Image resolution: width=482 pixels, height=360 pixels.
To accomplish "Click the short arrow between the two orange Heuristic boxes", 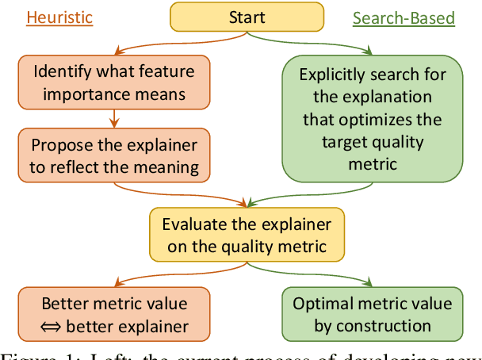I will [x=114, y=117].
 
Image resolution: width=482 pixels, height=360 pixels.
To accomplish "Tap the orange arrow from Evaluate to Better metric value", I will [x=166, y=274].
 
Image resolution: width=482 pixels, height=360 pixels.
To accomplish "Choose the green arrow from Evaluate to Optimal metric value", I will [x=325, y=274].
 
